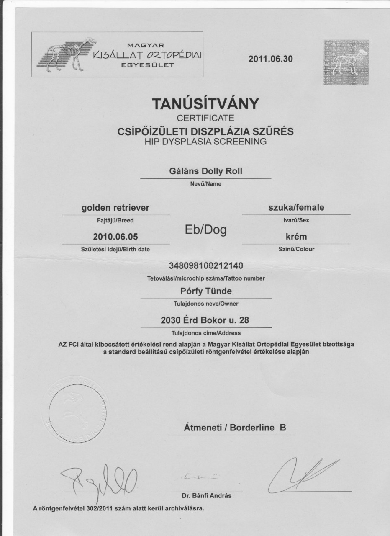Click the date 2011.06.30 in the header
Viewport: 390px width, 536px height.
[x=271, y=59]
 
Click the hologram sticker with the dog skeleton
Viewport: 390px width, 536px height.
[x=346, y=62]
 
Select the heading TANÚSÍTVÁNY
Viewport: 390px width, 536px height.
[x=205, y=104]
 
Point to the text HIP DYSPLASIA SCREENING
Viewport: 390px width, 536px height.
[x=205, y=142]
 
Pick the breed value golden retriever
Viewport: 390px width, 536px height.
[x=115, y=207]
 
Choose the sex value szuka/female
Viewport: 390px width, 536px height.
[x=296, y=207]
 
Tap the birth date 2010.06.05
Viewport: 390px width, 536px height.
[x=115, y=237]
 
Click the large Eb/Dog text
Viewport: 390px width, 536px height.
[x=205, y=229]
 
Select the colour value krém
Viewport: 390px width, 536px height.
[x=296, y=237]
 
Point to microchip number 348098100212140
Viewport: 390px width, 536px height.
[x=205, y=266]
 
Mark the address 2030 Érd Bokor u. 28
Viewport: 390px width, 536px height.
[x=205, y=321]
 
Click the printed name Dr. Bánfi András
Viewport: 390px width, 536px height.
[x=206, y=496]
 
